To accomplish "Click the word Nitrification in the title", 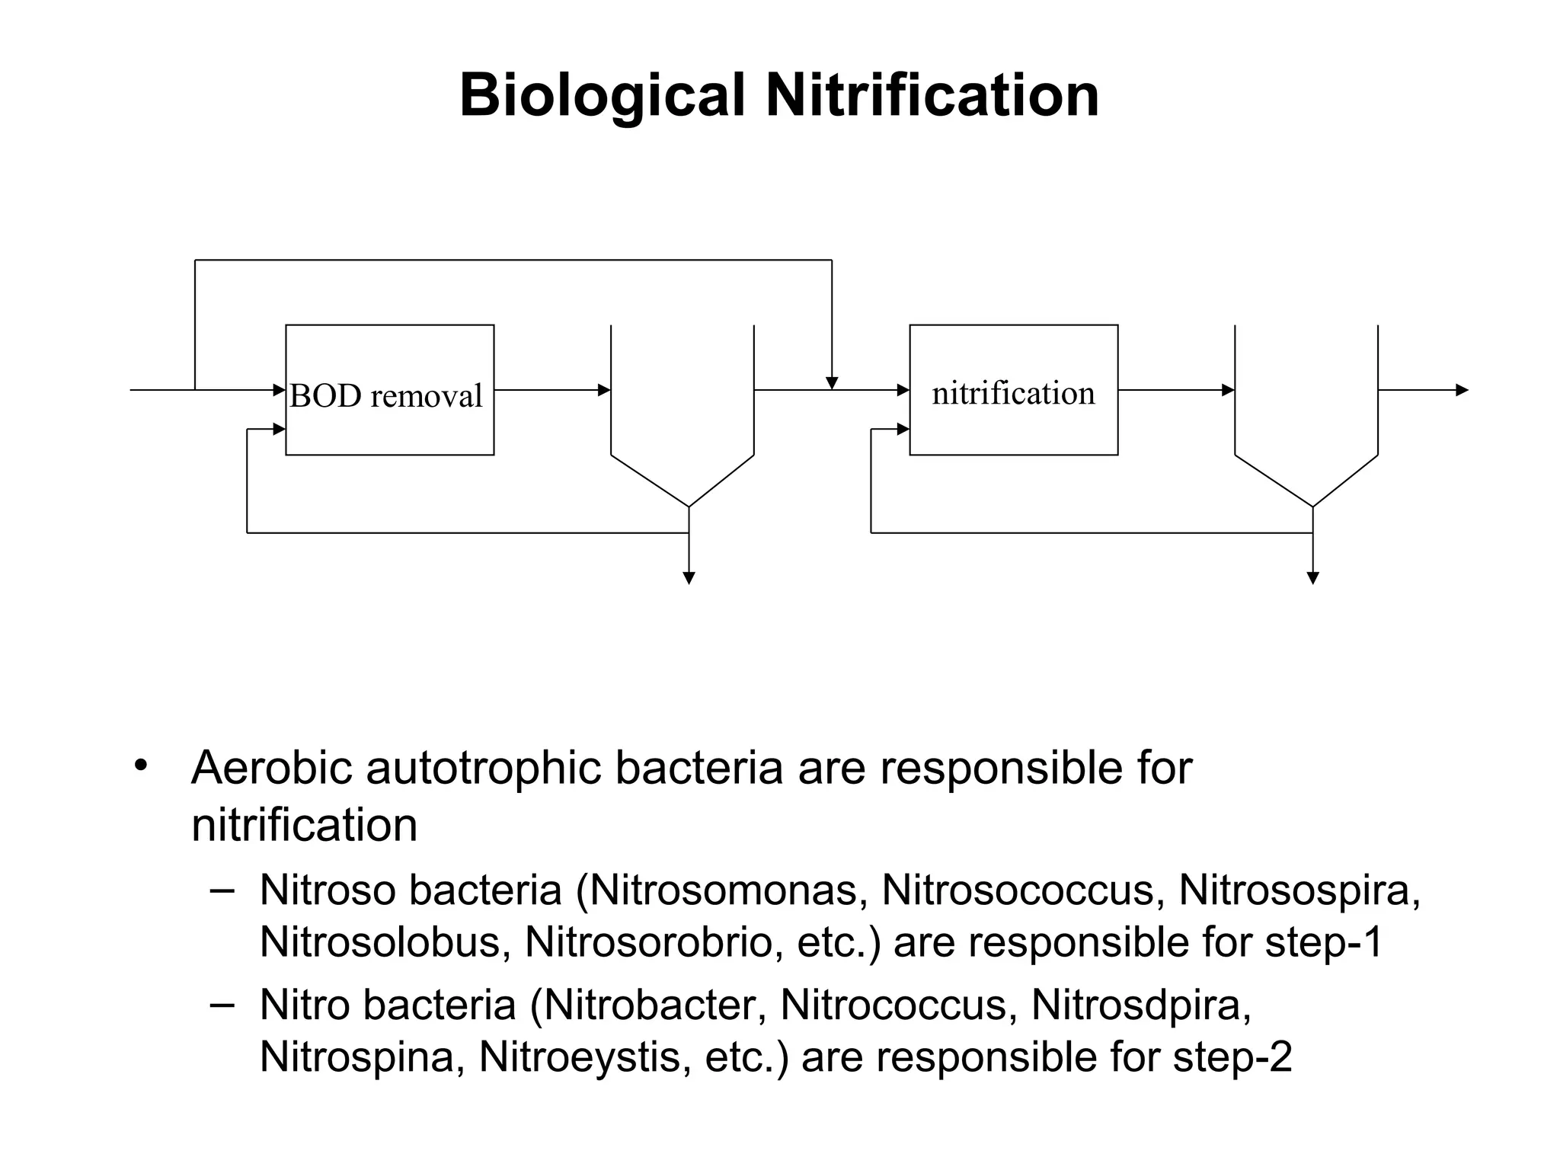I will tap(932, 95).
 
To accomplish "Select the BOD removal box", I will tap(389, 390).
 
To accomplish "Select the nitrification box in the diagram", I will tap(1013, 390).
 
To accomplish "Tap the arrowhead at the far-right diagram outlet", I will tap(1461, 390).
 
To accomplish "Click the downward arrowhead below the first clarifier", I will tap(689, 578).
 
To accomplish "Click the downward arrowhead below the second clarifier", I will tap(1312, 578).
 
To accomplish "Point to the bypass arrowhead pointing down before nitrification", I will tap(832, 382).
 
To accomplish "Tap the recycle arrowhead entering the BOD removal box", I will tap(279, 430).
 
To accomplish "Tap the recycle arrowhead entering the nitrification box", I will tap(903, 430).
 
